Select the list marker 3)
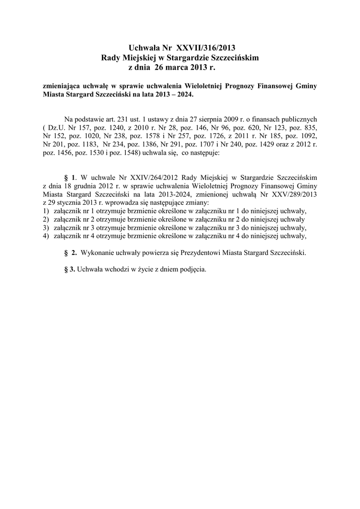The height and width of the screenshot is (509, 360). (x=46, y=228)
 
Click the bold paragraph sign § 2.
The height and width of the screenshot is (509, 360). (x=70, y=253)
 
